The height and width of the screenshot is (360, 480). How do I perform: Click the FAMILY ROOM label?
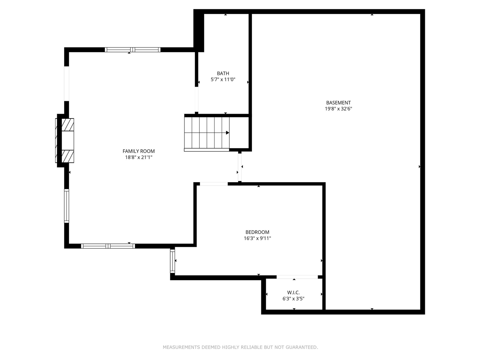(x=138, y=151)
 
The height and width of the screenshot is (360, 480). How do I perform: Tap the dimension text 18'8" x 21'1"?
(x=138, y=157)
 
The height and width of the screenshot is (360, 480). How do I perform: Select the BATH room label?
(x=223, y=73)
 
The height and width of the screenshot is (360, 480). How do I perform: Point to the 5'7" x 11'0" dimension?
(x=223, y=79)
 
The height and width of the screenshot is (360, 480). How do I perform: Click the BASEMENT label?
(x=338, y=103)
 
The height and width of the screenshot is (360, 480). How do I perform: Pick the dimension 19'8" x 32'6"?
(x=338, y=109)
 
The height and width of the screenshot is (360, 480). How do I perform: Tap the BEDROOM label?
(x=257, y=232)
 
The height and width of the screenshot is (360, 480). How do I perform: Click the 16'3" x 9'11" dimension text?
(x=257, y=238)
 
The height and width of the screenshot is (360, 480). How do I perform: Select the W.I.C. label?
(x=293, y=292)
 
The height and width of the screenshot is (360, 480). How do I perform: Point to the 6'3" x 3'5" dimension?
(x=293, y=299)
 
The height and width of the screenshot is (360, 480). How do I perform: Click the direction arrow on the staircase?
(x=227, y=133)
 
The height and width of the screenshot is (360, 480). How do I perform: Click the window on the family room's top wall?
(x=132, y=49)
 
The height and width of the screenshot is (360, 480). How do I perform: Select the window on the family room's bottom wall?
(x=108, y=246)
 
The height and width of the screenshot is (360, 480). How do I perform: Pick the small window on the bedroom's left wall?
(x=172, y=261)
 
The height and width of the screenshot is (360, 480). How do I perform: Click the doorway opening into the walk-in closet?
(x=297, y=277)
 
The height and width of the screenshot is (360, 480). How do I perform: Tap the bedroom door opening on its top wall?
(x=214, y=184)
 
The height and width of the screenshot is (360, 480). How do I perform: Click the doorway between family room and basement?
(x=240, y=167)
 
